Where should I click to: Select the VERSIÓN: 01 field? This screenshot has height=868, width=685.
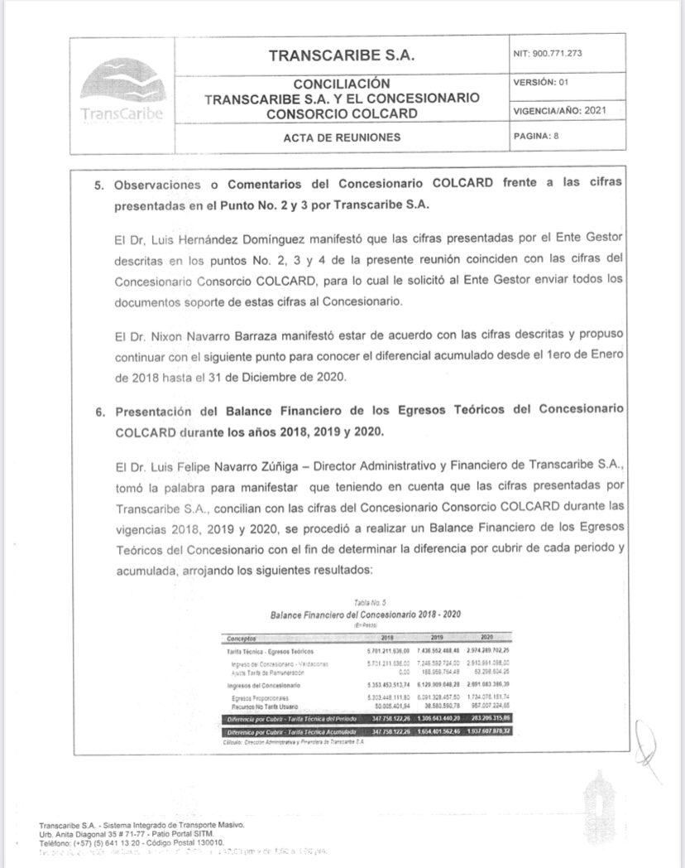point(541,82)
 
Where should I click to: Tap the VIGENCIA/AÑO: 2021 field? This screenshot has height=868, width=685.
point(560,110)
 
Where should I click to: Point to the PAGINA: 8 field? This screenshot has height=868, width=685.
point(537,137)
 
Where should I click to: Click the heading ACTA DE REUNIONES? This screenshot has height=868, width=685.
point(341,137)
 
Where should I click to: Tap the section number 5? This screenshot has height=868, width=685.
point(97,182)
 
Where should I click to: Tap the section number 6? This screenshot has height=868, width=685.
point(97,410)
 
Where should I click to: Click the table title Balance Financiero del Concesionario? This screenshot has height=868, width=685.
point(365,615)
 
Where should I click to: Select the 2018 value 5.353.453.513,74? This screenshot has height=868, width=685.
point(388,686)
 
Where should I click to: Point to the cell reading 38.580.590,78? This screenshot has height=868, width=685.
point(435,705)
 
